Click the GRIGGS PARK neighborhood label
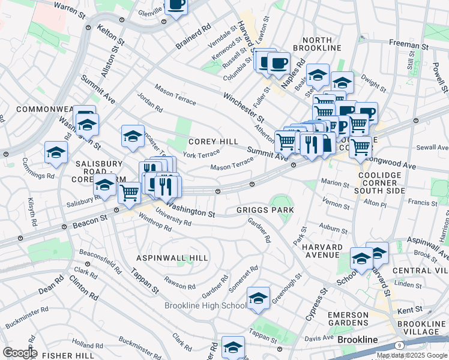[x=265, y=210]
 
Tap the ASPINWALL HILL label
[x=172, y=258]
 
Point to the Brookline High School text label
[x=205, y=306]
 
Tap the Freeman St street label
[x=408, y=45]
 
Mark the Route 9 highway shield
[x=399, y=345]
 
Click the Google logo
[x=20, y=353]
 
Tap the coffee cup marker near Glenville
[x=176, y=5]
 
